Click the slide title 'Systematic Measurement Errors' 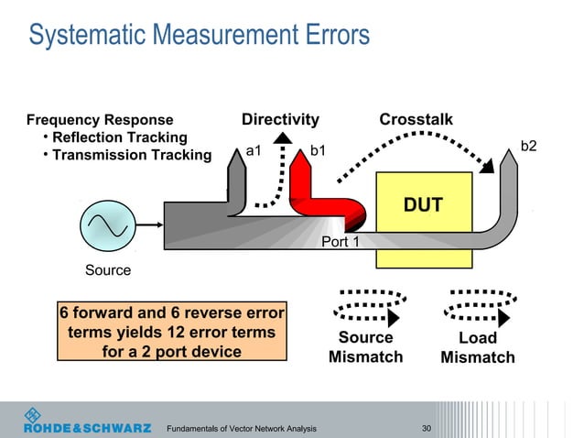click(x=199, y=36)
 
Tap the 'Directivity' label click(x=280, y=120)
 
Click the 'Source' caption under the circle click(x=108, y=271)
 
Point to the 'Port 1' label click(x=341, y=242)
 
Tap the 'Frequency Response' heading click(x=100, y=120)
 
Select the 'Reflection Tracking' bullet click(x=119, y=137)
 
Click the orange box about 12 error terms click(x=171, y=333)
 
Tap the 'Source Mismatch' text click(x=365, y=347)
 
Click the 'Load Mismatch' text click(x=477, y=347)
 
